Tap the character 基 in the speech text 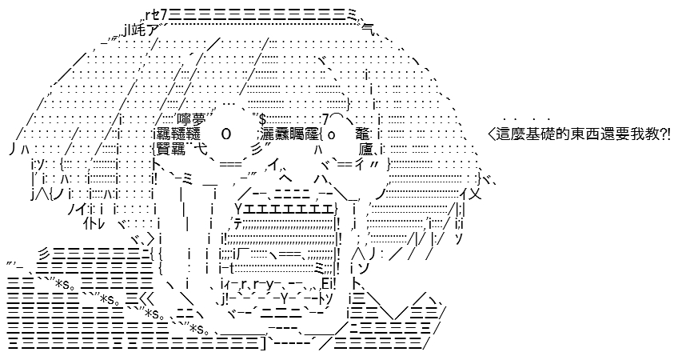532,135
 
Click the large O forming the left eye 226,134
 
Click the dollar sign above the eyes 262,118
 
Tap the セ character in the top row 155,16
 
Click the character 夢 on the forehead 199,119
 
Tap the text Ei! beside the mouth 328,284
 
